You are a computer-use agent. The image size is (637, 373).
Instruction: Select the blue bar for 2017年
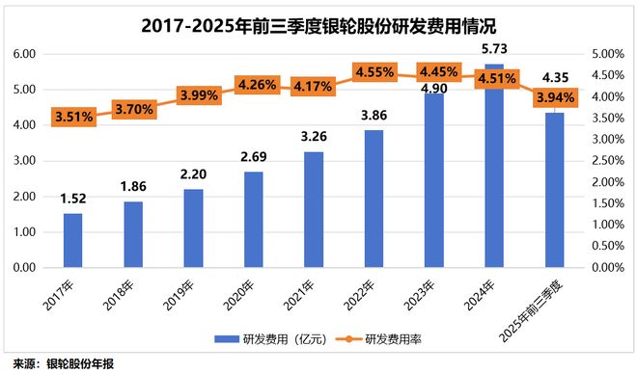72,240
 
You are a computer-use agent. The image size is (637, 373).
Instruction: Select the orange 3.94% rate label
554,97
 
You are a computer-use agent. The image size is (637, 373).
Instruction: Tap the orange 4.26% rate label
253,85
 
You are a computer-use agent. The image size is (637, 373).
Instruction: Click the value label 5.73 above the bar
494,48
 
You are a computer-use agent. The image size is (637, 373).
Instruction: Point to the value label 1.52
72,199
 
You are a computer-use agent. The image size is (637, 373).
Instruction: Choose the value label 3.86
374,115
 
